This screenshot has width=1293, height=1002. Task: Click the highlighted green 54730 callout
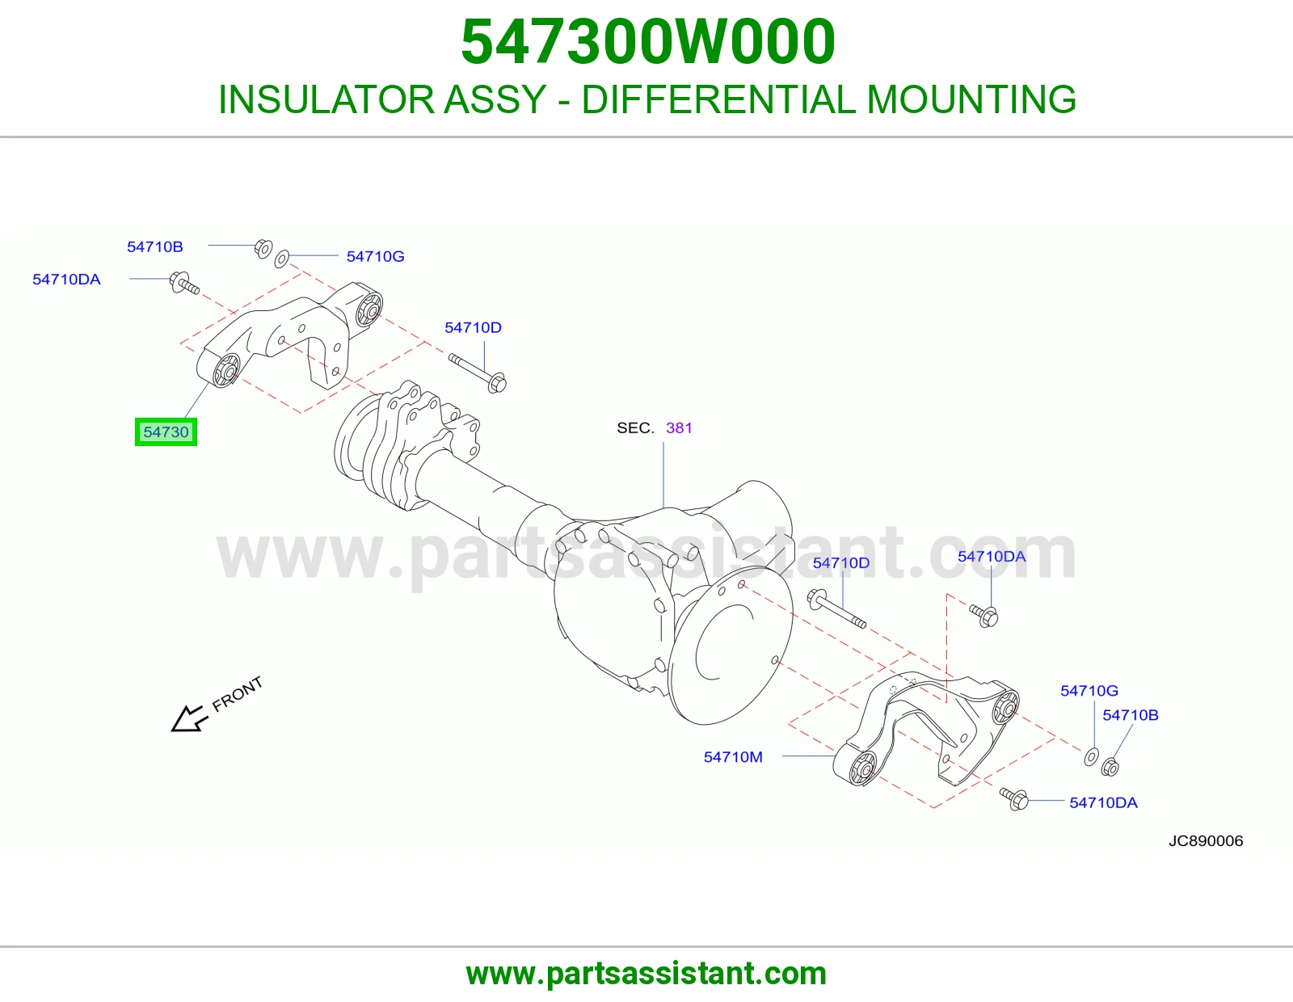coord(166,432)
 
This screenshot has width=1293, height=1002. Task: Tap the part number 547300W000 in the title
coord(648,42)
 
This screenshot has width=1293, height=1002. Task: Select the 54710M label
coord(733,757)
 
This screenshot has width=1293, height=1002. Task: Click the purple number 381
coord(679,427)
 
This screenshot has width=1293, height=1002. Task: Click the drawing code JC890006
coord(1206,840)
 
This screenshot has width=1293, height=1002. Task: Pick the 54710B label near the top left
coord(154,247)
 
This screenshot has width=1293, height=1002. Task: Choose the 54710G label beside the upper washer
coord(376,256)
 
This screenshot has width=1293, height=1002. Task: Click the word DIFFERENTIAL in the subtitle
coord(718,99)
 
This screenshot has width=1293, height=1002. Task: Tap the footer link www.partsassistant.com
coord(646,974)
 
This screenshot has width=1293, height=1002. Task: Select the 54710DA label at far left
coord(66,280)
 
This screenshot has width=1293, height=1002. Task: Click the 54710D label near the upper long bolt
coord(473,327)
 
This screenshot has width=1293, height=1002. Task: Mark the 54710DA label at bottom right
coord(1103,802)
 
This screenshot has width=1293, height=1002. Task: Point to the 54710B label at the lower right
coord(1131,715)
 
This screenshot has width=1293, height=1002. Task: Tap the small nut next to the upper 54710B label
coord(263,248)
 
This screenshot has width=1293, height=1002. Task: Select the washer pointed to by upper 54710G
coord(281,259)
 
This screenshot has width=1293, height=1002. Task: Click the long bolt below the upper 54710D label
coord(478,373)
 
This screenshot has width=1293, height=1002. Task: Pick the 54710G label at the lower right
coord(1089,691)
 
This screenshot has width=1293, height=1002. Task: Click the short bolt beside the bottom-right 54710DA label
coord(1014,798)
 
